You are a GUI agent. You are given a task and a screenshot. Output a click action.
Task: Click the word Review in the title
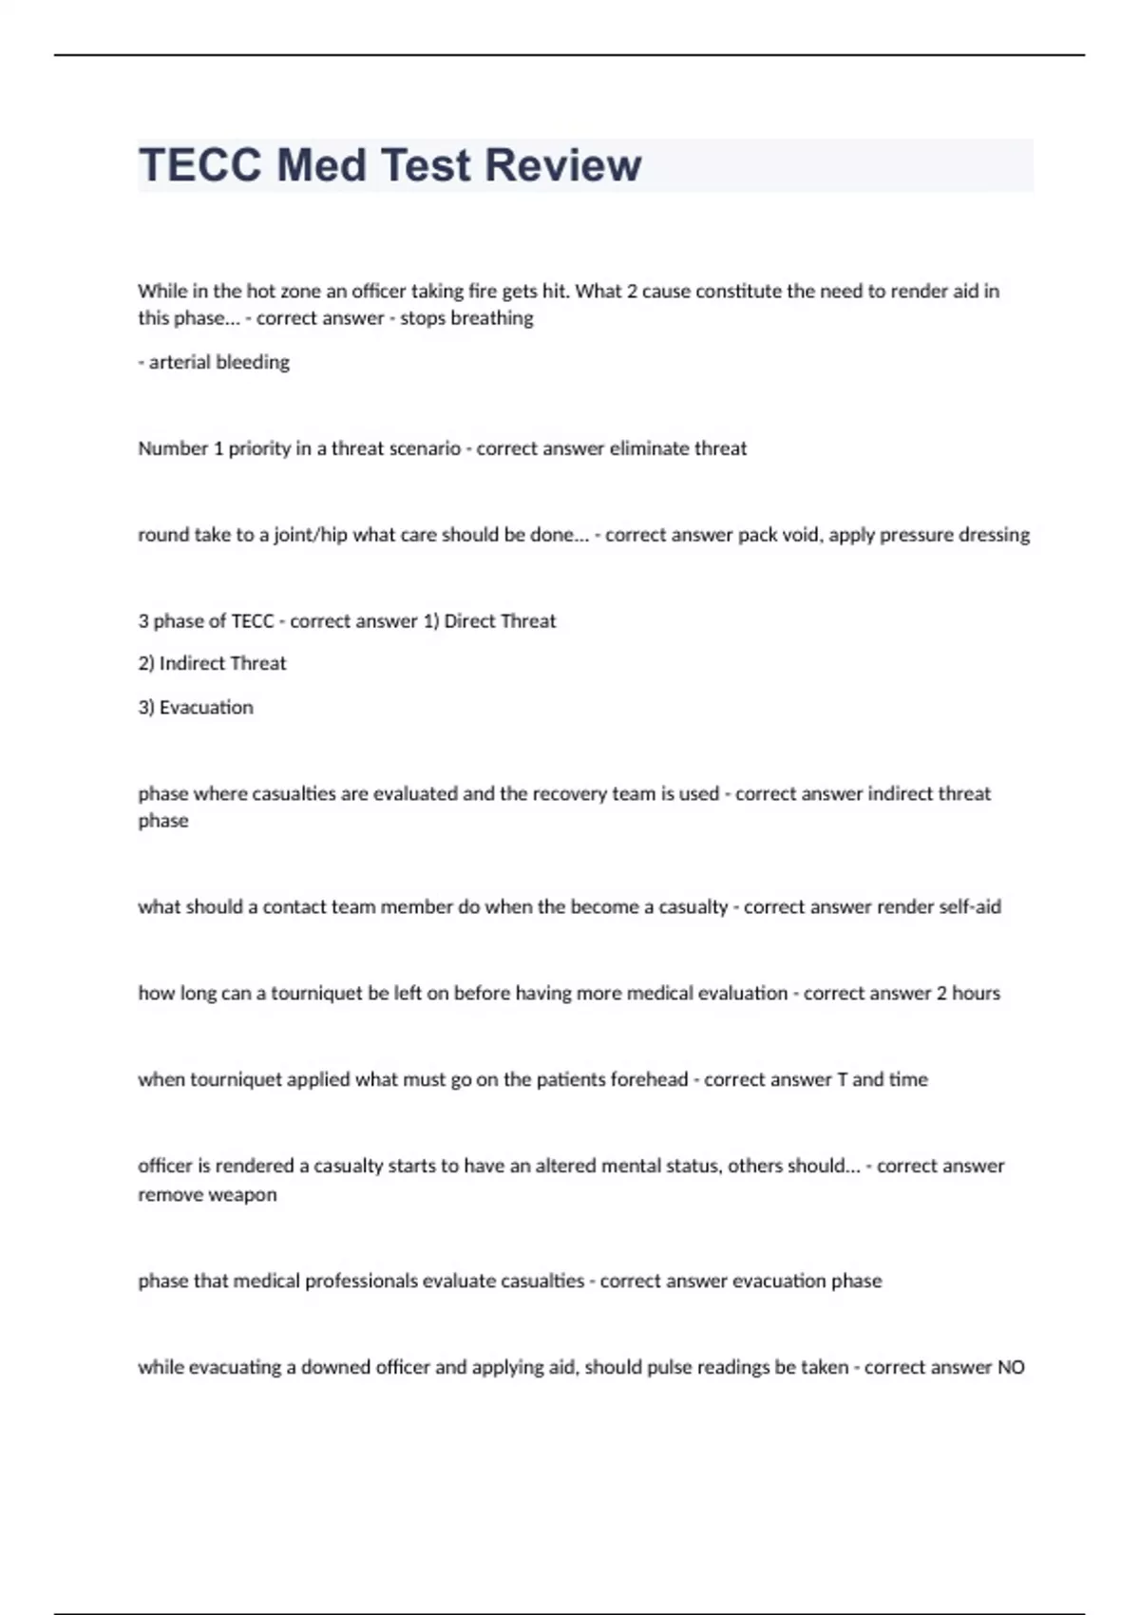point(563,165)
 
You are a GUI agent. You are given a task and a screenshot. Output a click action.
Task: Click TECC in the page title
point(200,165)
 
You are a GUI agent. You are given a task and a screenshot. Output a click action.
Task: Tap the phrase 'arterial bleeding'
point(218,362)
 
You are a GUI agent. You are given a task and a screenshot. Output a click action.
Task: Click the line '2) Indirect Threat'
point(212,663)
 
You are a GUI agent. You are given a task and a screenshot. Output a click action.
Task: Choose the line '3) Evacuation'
point(196,708)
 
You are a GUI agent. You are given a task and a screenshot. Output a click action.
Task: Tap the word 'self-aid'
point(970,907)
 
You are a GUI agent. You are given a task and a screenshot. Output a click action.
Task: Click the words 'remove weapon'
point(207,1195)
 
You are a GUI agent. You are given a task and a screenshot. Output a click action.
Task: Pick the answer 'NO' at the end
point(1011,1368)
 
